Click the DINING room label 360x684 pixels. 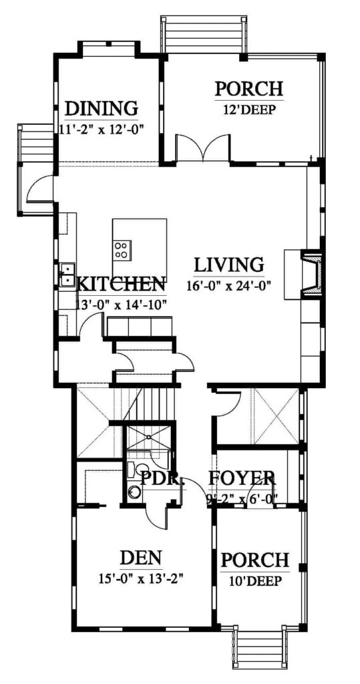click(102, 108)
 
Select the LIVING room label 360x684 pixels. click(228, 265)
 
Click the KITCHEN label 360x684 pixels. click(121, 285)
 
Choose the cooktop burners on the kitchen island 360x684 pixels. click(122, 250)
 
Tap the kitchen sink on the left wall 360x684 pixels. click(67, 275)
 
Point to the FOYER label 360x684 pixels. click(241, 479)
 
